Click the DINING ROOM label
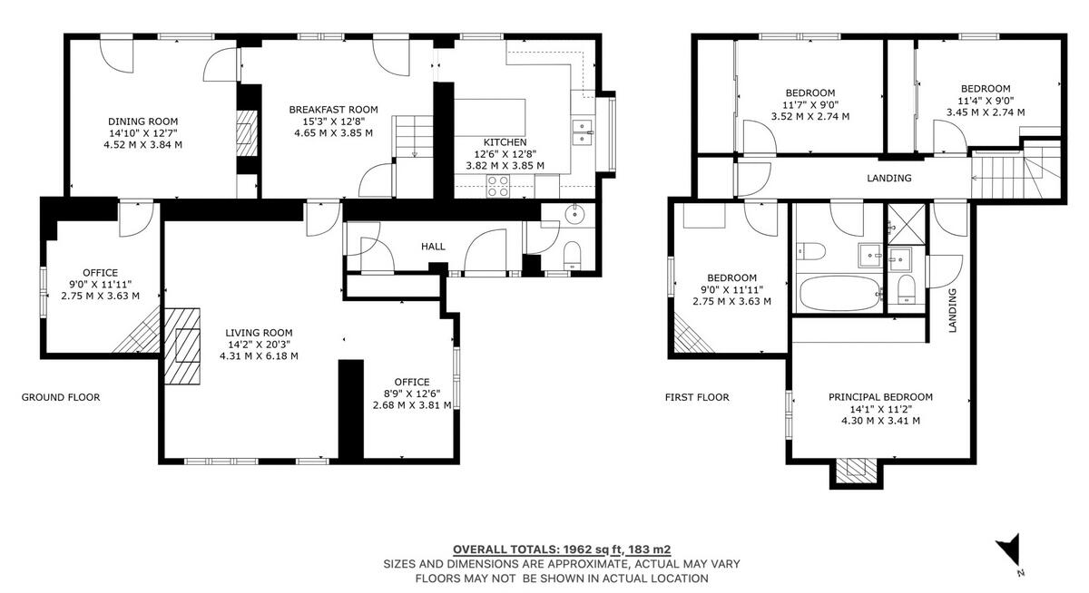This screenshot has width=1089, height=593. click(x=143, y=122)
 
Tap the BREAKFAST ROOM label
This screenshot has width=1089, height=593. click(x=334, y=110)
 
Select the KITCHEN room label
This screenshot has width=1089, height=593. click(x=505, y=142)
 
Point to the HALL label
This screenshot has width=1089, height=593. click(x=433, y=247)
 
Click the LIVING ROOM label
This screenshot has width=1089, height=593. click(x=259, y=333)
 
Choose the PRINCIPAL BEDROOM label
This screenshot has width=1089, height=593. click(x=880, y=397)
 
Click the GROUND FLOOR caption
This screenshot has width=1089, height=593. click(x=61, y=397)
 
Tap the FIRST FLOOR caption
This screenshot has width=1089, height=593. click(x=697, y=397)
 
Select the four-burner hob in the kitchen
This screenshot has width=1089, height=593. click(x=498, y=186)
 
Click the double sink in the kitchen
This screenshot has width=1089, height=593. click(x=582, y=132)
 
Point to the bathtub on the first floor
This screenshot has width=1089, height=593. click(x=839, y=293)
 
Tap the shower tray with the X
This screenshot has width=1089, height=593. click(x=907, y=224)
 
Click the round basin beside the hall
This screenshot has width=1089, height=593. click(x=575, y=214)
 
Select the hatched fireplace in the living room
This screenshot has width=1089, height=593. click(x=182, y=346)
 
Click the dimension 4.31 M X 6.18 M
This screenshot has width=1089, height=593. click(x=259, y=356)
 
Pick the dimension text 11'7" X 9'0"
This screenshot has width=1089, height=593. click(x=809, y=104)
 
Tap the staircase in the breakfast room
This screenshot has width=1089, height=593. click(x=413, y=137)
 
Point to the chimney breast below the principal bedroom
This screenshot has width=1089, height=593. click(x=856, y=473)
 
